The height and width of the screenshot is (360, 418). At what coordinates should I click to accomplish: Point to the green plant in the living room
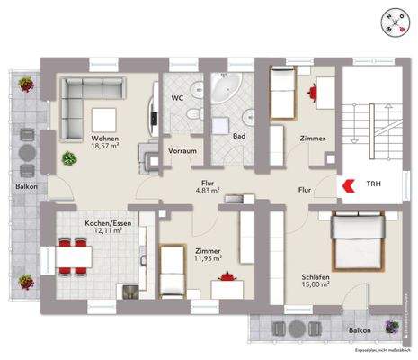tap(68, 157)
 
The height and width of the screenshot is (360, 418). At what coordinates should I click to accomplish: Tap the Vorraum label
tap(182, 151)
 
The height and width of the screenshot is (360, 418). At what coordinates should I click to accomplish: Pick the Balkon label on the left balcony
tap(26, 187)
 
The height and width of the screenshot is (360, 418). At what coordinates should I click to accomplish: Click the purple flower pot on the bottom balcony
tap(391, 326)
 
